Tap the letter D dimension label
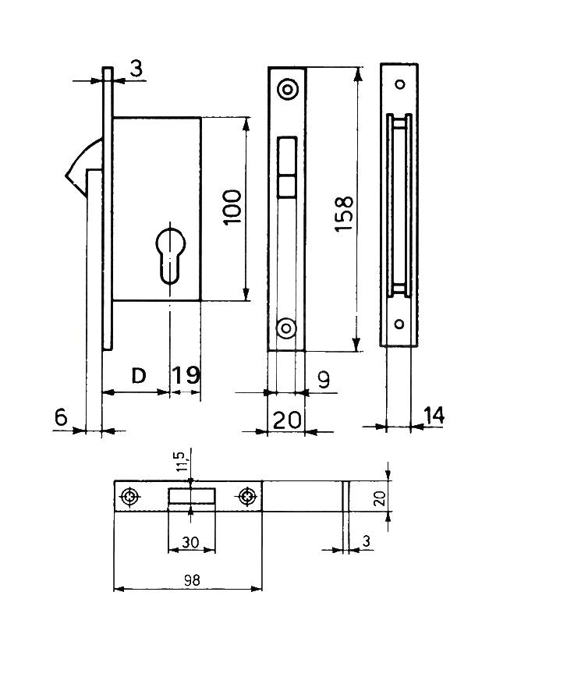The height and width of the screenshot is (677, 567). (x=138, y=376)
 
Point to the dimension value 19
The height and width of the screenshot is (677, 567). (x=185, y=376)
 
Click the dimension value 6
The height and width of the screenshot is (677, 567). (x=61, y=418)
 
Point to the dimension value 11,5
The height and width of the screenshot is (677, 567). (x=182, y=462)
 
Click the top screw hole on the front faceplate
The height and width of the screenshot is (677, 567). (x=289, y=90)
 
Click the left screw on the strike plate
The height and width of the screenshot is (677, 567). (x=129, y=496)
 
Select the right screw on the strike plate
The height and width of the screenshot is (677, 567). (x=248, y=496)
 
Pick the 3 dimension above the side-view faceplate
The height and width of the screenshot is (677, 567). (x=136, y=70)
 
